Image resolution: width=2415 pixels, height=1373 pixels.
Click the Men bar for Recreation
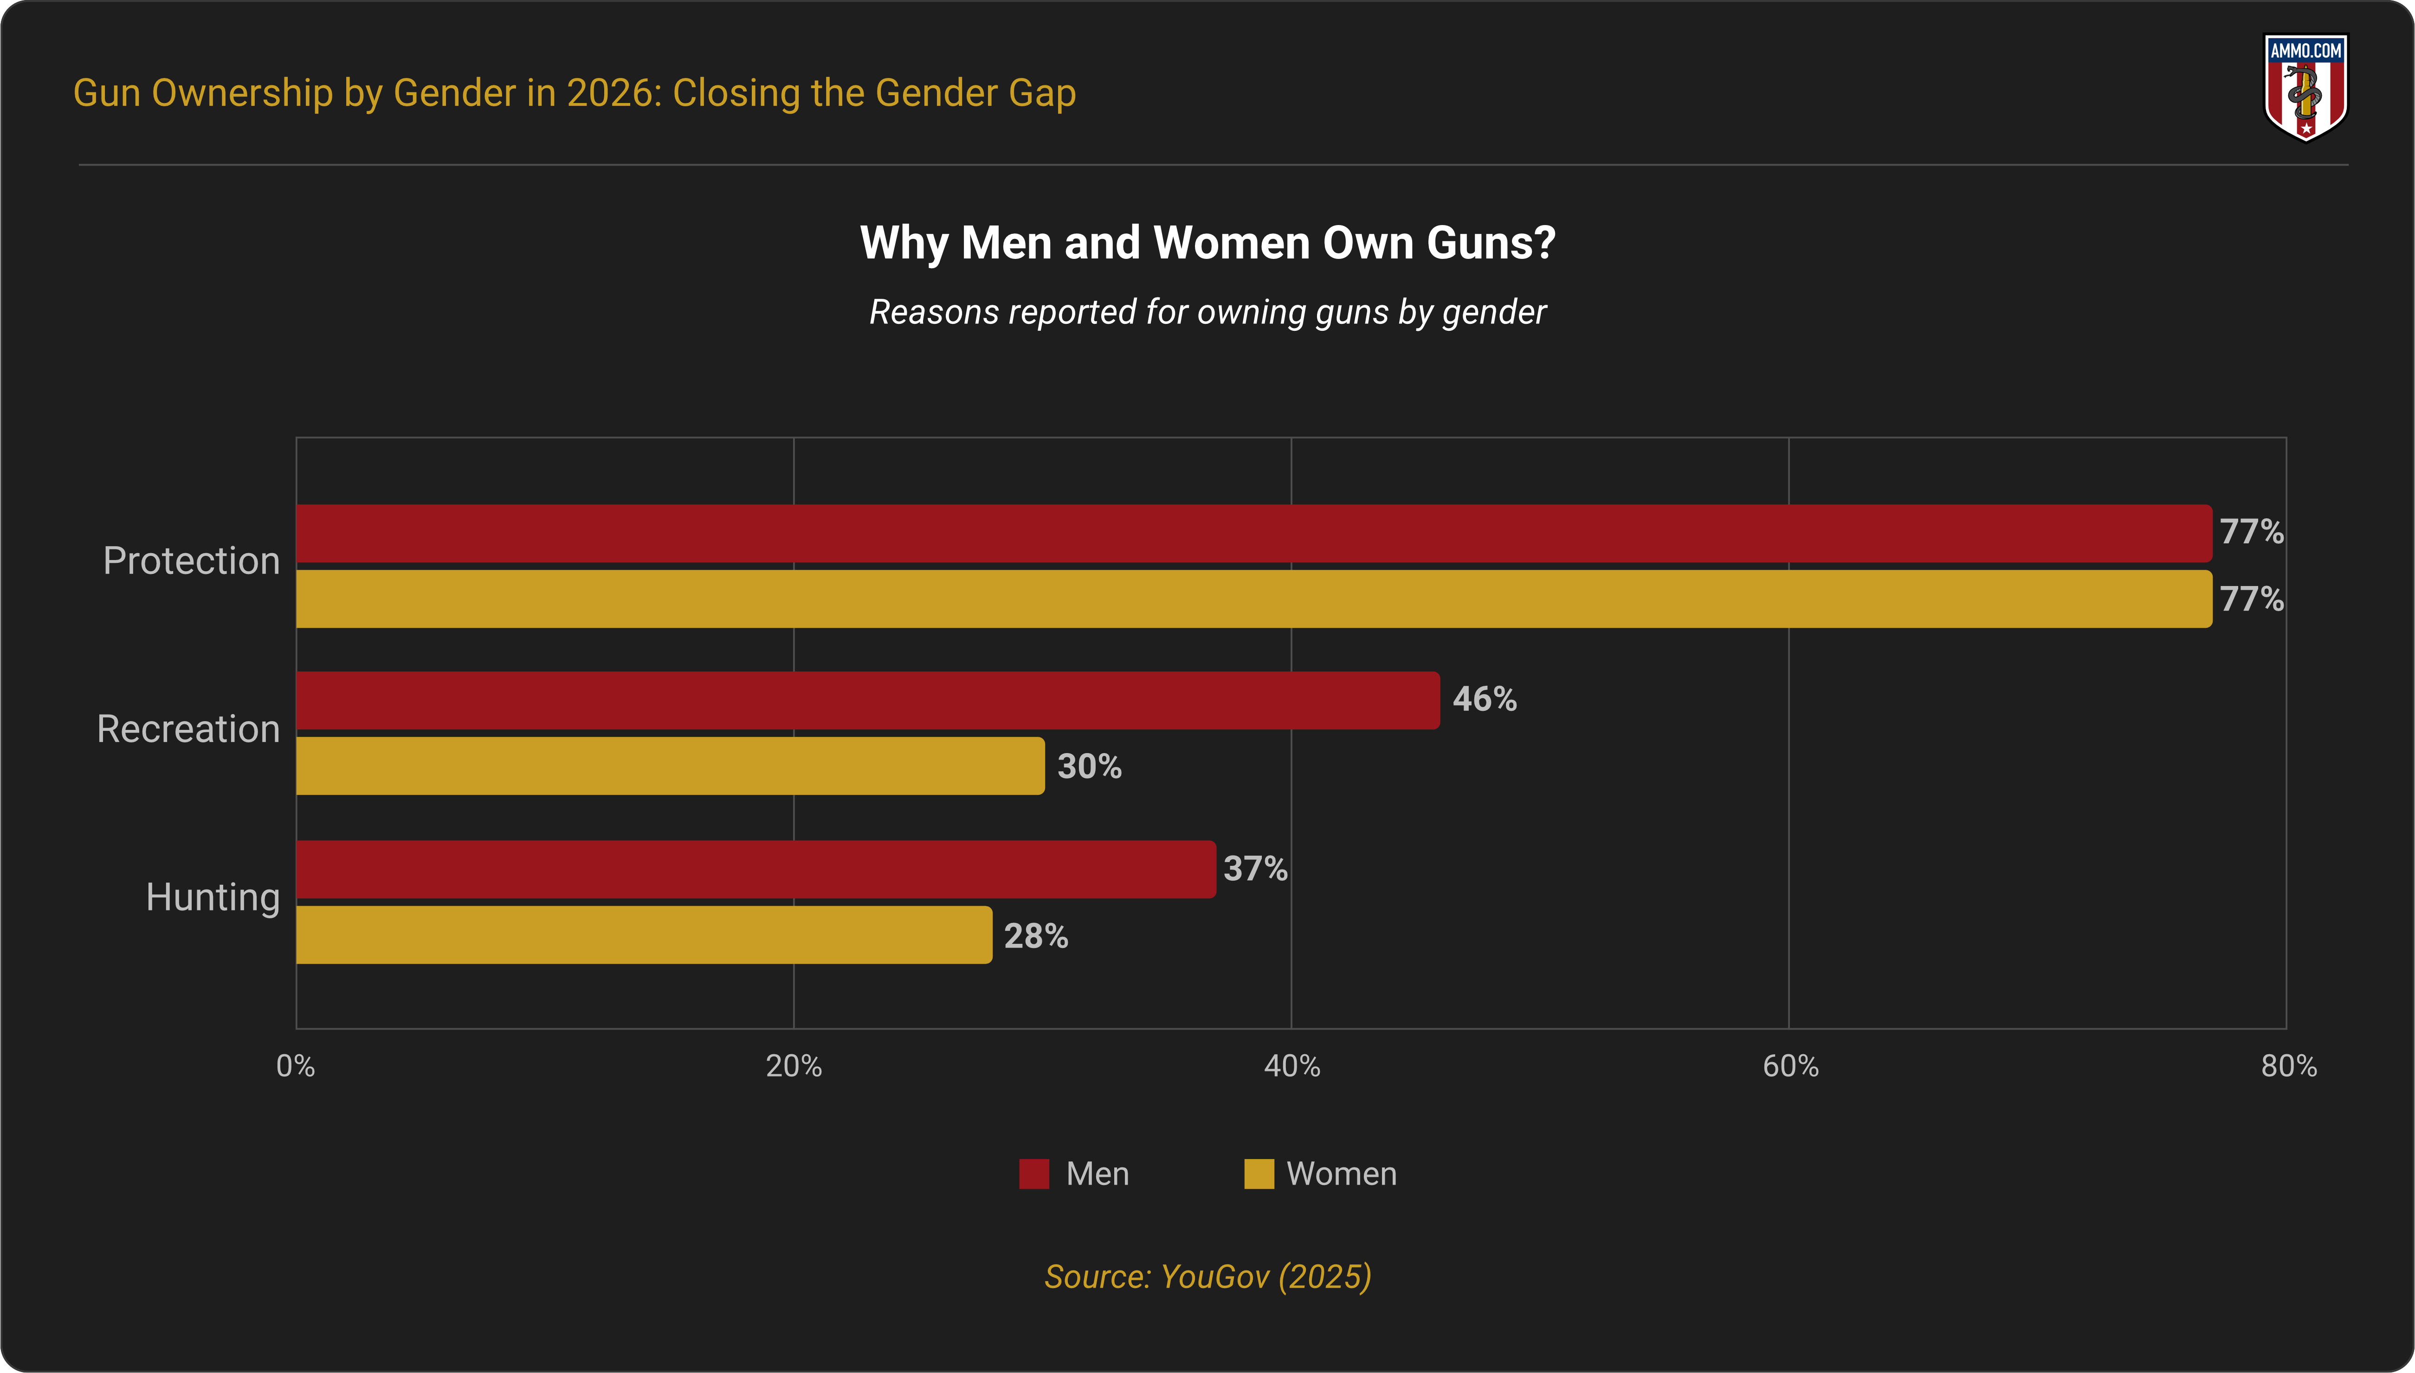click(867, 701)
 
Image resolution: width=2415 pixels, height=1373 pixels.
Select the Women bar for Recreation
click(670, 766)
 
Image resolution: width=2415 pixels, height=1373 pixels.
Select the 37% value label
click(1255, 869)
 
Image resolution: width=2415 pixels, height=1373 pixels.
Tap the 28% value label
click(1035, 936)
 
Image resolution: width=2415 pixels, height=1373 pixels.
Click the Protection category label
click(191, 561)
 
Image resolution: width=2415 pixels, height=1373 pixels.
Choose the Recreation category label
click(188, 729)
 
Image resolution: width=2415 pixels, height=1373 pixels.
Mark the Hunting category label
click(213, 897)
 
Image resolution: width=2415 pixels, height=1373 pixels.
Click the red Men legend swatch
click(1033, 1174)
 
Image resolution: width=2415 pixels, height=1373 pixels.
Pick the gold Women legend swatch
click(1259, 1174)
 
